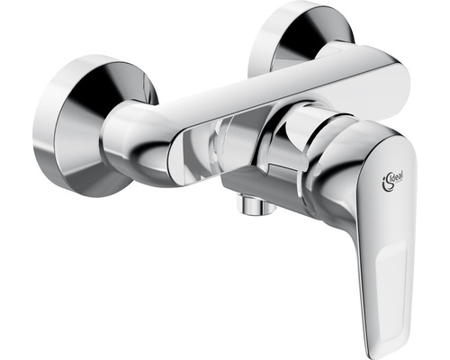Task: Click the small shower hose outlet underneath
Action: coord(255,206)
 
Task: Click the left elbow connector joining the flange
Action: coord(135,141)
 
